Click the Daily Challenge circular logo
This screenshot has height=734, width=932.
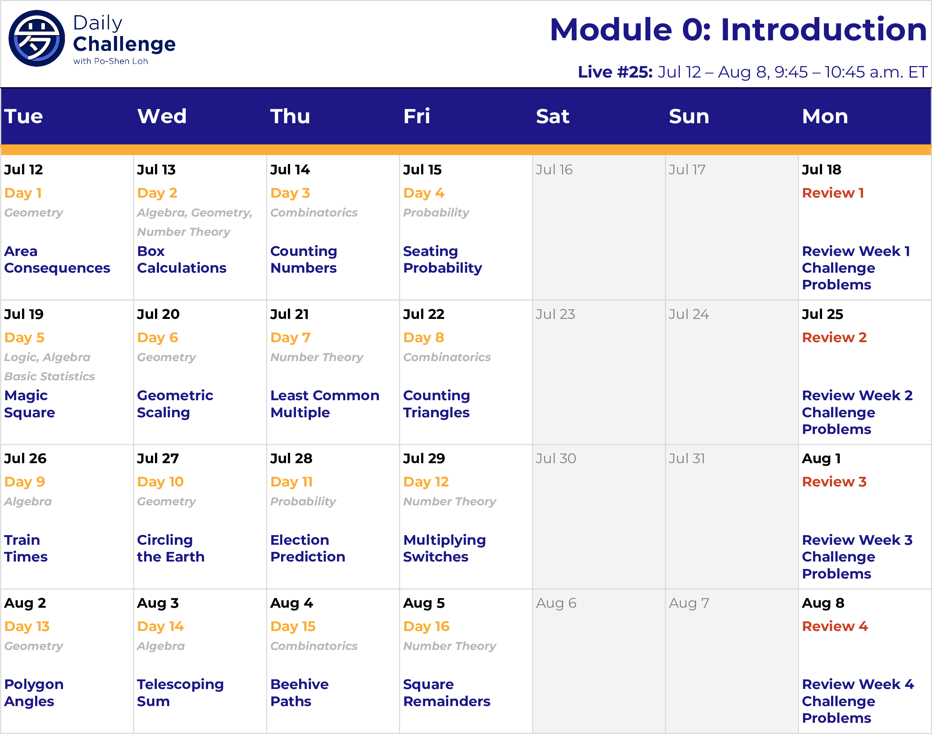tap(37, 38)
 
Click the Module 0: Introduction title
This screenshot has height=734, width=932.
tap(738, 30)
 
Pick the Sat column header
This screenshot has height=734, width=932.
tap(553, 116)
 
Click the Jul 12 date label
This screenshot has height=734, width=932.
tap(24, 169)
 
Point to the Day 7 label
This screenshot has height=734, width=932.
tap(290, 338)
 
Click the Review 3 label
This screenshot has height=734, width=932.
tap(834, 482)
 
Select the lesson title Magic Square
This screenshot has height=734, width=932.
tap(30, 404)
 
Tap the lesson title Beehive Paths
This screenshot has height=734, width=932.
tap(299, 693)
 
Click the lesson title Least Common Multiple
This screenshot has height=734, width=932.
tap(325, 404)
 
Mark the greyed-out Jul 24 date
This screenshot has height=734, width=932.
tap(689, 314)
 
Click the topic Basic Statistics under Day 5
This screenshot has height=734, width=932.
tap(49, 376)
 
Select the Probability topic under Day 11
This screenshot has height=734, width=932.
tap(303, 502)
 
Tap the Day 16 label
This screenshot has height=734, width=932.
tap(426, 627)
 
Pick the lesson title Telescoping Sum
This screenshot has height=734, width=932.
tap(180, 693)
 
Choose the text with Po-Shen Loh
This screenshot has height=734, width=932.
tap(111, 61)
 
